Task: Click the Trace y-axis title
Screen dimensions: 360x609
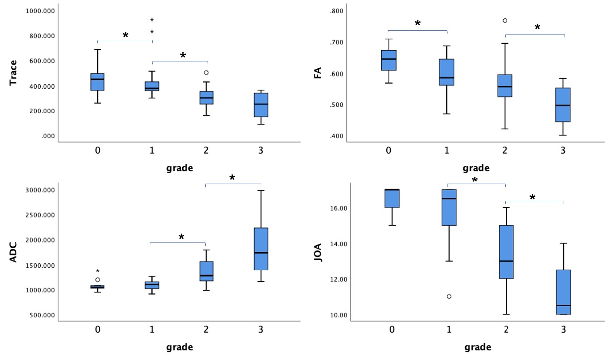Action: pyautogui.click(x=14, y=73)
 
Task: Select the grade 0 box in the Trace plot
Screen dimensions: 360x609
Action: pyautogui.click(x=98, y=82)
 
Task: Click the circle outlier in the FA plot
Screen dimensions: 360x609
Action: pyautogui.click(x=505, y=21)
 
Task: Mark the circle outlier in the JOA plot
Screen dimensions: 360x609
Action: pyautogui.click(x=449, y=296)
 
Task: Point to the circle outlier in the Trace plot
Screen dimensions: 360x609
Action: pyautogui.click(x=206, y=73)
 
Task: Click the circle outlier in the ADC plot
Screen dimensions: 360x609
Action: pyautogui.click(x=98, y=280)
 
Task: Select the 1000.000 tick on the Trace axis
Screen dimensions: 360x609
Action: pyautogui.click(x=42, y=11)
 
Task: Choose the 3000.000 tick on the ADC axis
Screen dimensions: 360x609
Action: pyautogui.click(x=42, y=190)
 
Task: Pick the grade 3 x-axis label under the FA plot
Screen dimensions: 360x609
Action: pyautogui.click(x=563, y=151)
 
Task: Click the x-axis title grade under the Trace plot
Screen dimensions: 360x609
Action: pyautogui.click(x=180, y=168)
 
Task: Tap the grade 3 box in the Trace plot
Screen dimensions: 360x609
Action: pyautogui.click(x=261, y=105)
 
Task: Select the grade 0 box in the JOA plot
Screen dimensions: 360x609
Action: pyautogui.click(x=392, y=198)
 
